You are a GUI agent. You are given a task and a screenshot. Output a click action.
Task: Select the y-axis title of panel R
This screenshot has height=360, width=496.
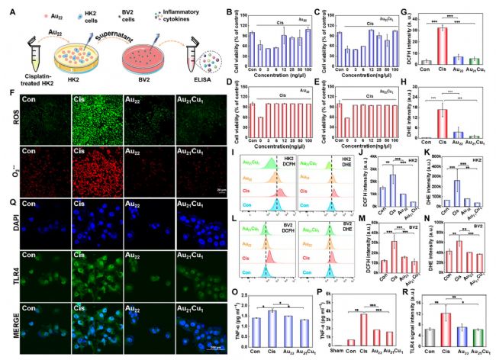(411, 318)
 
